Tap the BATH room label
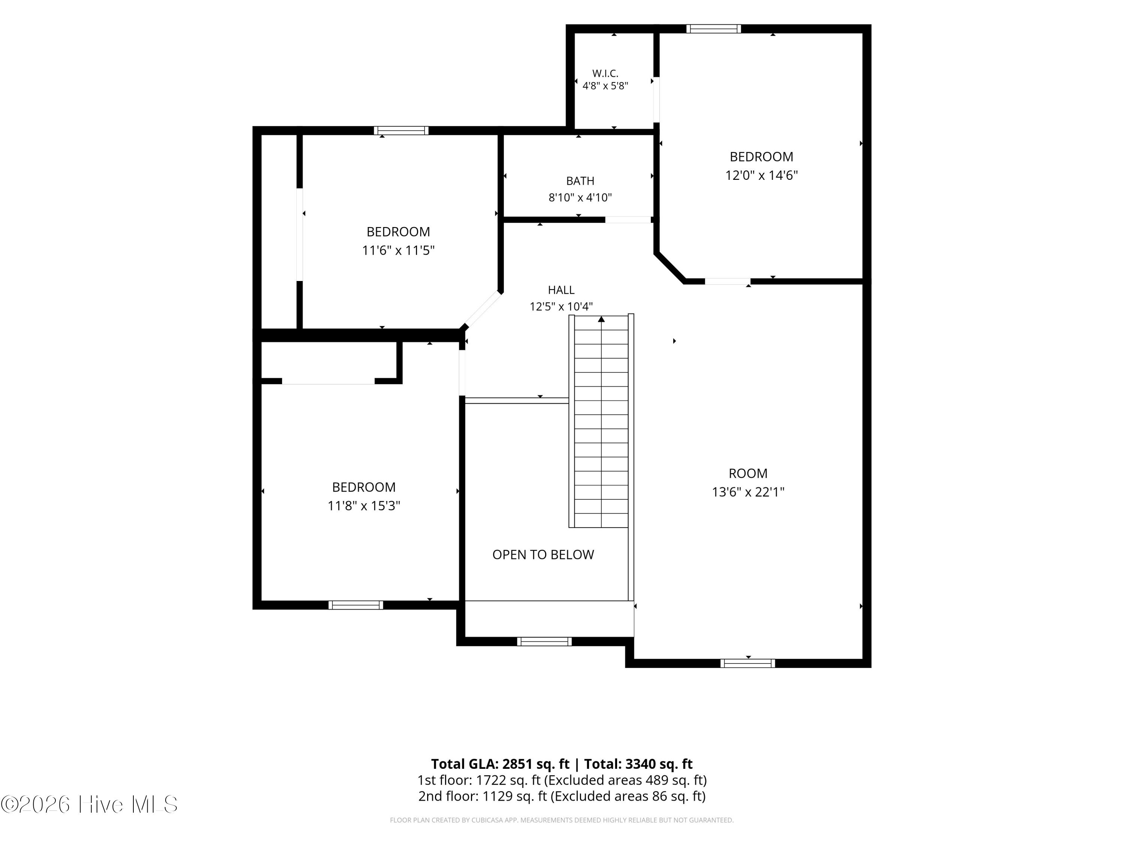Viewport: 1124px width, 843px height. tap(580, 181)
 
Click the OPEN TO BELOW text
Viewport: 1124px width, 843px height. tap(543, 555)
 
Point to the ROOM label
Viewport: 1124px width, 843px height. tap(748, 474)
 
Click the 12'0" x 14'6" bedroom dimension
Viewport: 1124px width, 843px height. tap(761, 175)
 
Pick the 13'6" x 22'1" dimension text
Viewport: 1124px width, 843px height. tap(748, 492)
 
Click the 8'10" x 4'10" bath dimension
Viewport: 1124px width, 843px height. tap(580, 198)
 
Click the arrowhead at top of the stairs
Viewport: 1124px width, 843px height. tap(601, 319)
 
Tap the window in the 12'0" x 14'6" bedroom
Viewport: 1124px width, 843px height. tap(713, 29)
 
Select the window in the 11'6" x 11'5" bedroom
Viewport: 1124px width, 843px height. tap(401, 131)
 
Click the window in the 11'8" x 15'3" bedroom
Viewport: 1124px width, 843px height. tap(356, 605)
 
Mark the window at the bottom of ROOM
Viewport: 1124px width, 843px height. tap(748, 663)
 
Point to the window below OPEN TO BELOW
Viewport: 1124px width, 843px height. tap(544, 642)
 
